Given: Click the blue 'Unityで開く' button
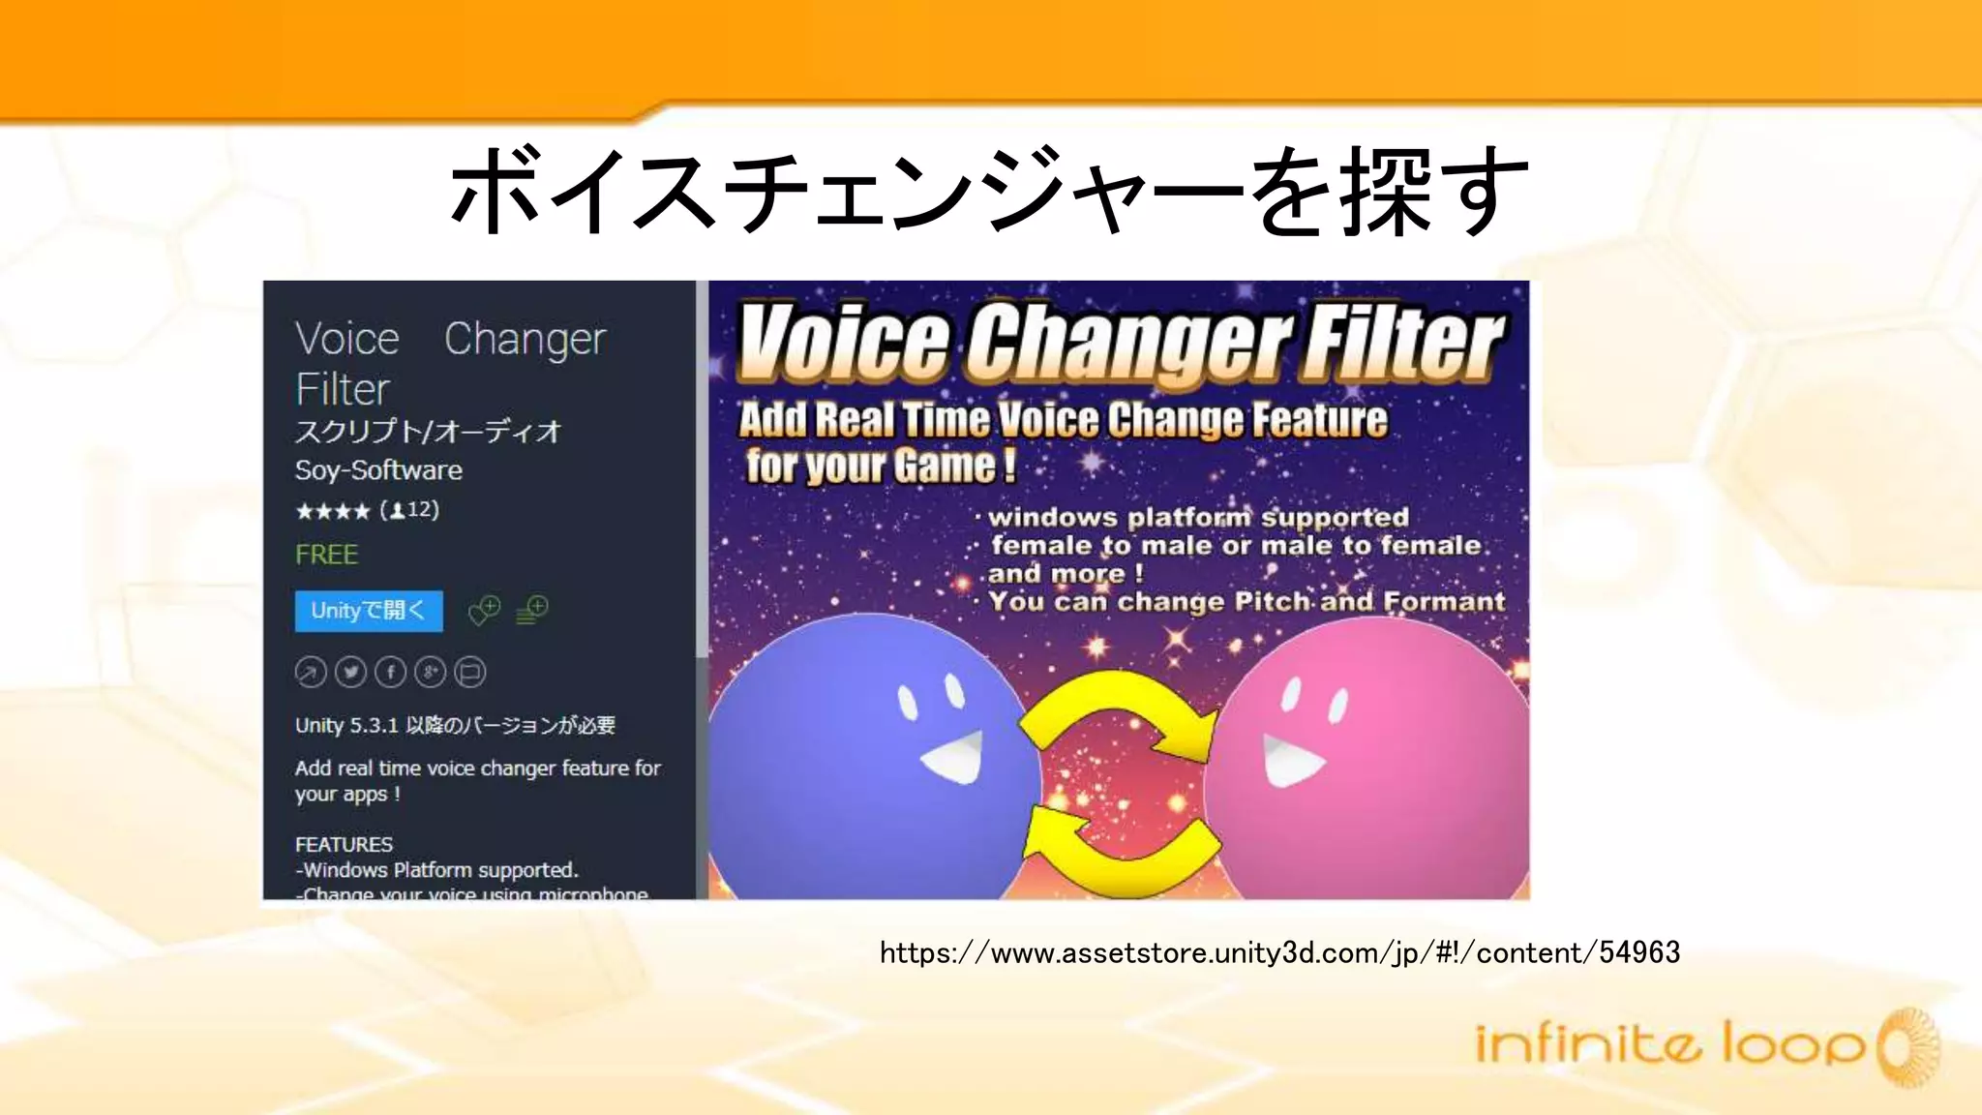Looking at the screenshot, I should click(x=369, y=611).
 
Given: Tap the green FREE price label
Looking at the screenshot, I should click(x=326, y=555).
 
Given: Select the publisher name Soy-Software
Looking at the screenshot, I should click(x=378, y=470).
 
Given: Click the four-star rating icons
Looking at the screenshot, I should click(x=332, y=511).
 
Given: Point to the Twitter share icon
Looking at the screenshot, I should click(x=350, y=672).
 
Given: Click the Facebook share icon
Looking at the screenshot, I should click(x=390, y=672).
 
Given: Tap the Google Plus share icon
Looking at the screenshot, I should click(x=430, y=672).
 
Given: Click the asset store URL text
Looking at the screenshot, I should click(x=1278, y=953).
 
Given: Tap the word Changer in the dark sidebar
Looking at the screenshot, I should click(x=525, y=340).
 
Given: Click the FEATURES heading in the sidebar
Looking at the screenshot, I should click(x=344, y=844).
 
